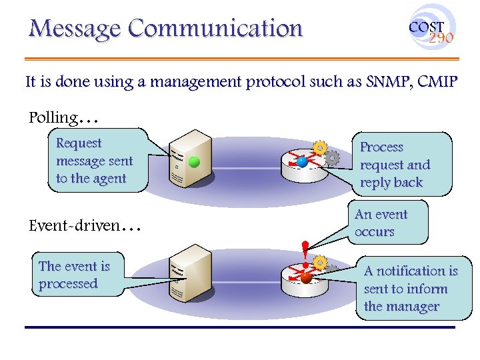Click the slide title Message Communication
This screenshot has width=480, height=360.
(165, 29)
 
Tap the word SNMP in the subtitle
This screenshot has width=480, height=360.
(385, 83)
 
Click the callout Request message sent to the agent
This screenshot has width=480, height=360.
(96, 161)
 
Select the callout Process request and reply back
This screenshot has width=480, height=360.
(397, 165)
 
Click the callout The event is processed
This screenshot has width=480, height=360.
(74, 275)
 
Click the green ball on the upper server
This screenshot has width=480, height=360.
(194, 162)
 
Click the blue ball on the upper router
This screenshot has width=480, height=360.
(302, 162)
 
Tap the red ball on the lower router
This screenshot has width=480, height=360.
(305, 278)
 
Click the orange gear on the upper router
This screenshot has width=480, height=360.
(321, 147)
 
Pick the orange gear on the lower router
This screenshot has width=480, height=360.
(321, 263)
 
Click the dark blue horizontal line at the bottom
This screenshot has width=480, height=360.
(240, 327)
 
